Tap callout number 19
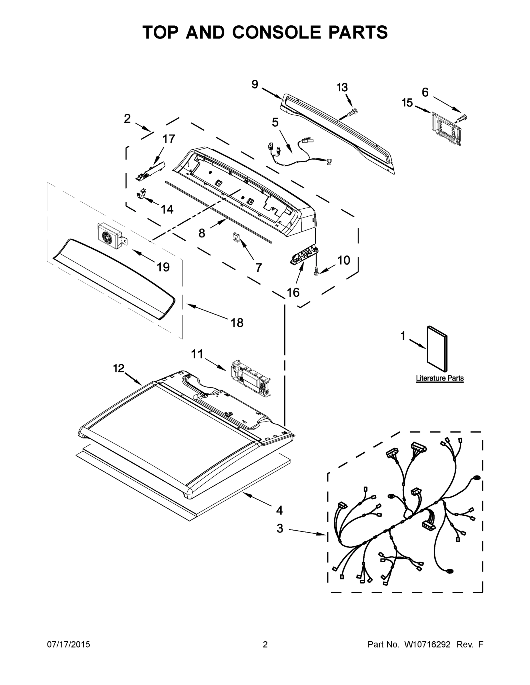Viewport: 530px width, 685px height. click(x=163, y=267)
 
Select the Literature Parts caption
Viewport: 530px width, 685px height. click(x=440, y=378)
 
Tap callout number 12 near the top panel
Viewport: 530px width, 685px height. click(x=119, y=368)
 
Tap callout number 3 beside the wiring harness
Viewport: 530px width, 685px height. click(x=280, y=528)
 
